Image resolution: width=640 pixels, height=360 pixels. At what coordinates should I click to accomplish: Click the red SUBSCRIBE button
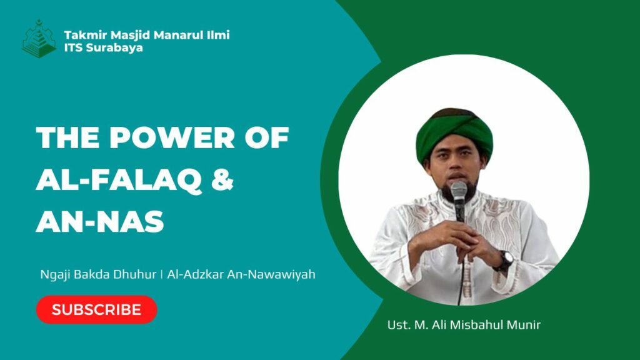[97, 310]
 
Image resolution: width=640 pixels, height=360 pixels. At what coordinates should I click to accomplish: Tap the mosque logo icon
[39, 38]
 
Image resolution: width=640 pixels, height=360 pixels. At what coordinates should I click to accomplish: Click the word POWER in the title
[172, 137]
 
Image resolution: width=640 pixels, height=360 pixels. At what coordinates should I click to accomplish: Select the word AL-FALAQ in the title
[118, 180]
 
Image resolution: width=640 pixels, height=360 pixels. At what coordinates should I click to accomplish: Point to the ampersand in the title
[222, 179]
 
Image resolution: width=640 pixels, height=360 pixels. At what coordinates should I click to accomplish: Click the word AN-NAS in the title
[100, 222]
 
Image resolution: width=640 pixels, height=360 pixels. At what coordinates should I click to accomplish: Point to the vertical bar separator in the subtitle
[162, 274]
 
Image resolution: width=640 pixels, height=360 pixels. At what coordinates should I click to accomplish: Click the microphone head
[459, 191]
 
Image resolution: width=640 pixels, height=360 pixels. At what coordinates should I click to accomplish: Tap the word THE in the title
[67, 137]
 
